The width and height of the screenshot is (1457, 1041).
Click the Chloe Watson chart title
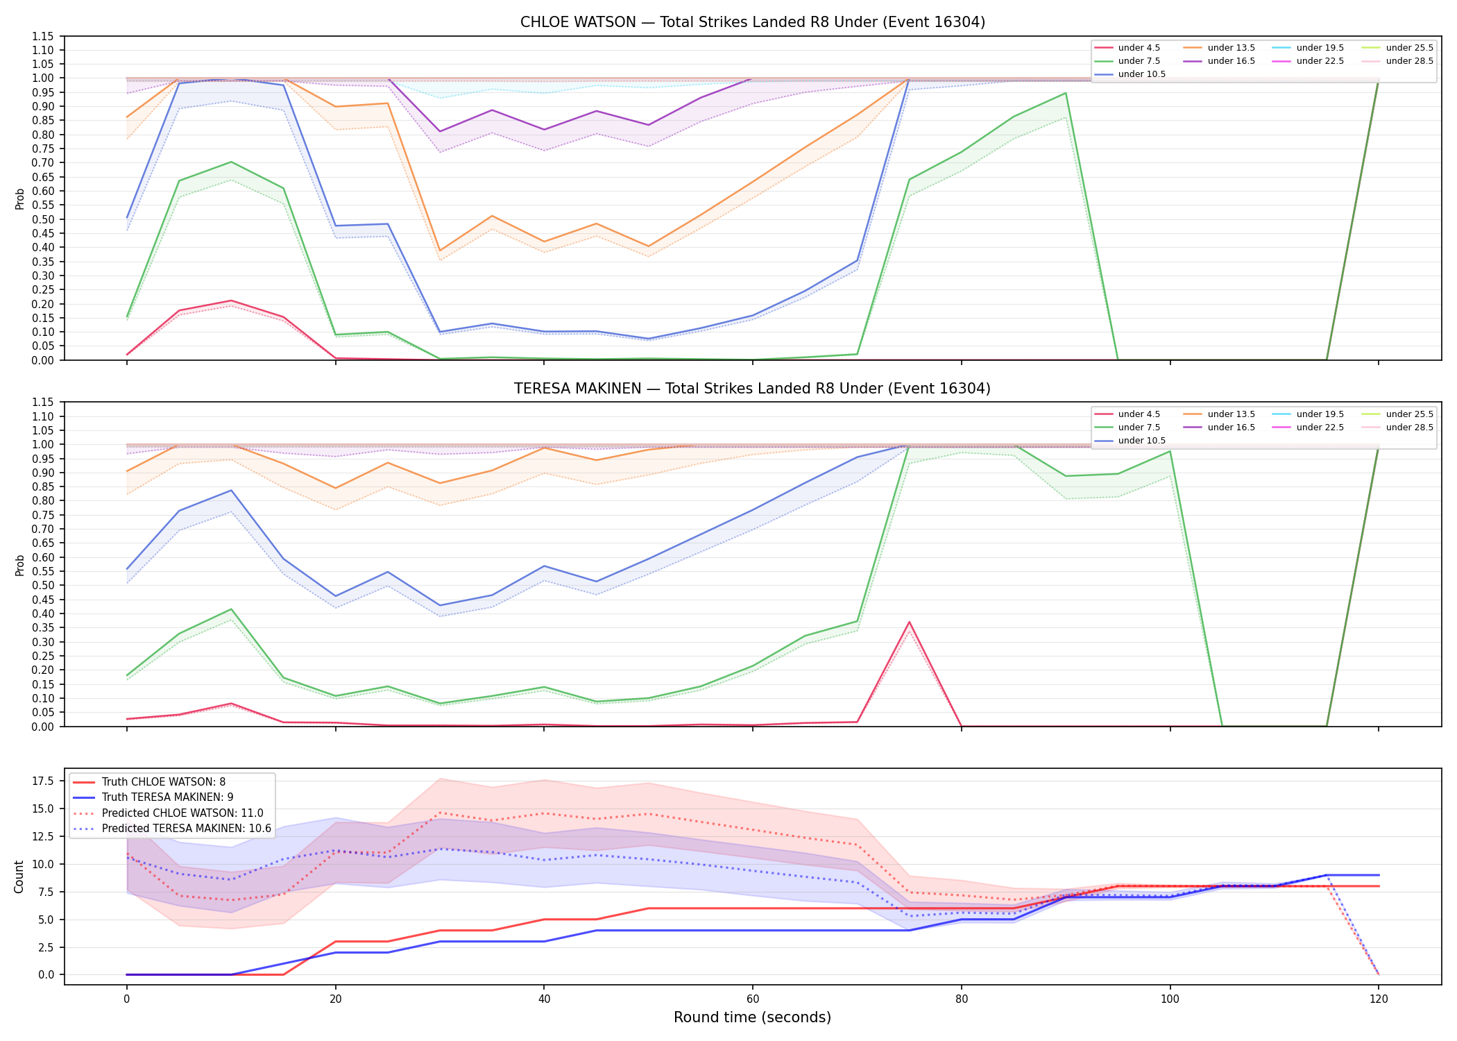[753, 22]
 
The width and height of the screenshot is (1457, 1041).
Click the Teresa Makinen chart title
[753, 389]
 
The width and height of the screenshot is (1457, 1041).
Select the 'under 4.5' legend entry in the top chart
[1127, 48]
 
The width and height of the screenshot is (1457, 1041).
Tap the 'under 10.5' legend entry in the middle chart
[1130, 441]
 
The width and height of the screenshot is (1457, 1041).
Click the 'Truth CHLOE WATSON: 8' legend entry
[149, 782]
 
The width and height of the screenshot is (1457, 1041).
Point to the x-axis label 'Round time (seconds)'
[752, 1017]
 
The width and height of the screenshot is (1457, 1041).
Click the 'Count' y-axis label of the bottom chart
[19, 877]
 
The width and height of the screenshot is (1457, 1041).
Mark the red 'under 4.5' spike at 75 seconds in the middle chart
[909, 622]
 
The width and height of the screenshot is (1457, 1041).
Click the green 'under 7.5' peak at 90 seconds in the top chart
[1065, 93]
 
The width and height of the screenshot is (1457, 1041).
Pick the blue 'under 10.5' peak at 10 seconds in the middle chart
[231, 491]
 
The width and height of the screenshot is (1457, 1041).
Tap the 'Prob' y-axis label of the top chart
[19, 198]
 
